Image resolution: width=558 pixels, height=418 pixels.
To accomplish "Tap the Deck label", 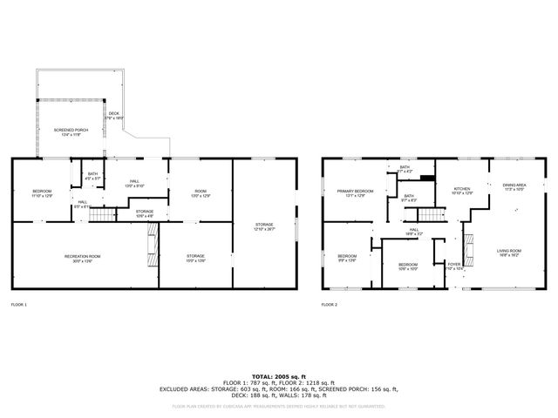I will click(114, 115).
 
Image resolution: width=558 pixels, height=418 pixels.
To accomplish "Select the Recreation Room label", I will click(82, 258).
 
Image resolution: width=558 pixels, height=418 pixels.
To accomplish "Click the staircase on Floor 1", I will click(105, 214).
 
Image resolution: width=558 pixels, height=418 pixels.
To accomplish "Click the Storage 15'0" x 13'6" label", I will click(195, 258).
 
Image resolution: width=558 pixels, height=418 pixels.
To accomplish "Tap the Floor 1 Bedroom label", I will click(43, 193).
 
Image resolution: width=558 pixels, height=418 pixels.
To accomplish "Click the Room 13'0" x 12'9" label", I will click(201, 193).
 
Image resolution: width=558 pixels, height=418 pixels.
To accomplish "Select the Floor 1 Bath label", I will click(92, 176).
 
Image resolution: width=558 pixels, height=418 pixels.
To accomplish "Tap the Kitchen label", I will click(461, 191).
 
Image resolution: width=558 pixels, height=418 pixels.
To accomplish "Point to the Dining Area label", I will click(514, 186).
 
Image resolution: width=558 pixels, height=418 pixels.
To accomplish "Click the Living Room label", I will click(508, 253).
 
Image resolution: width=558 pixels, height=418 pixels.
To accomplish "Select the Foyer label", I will click(453, 265).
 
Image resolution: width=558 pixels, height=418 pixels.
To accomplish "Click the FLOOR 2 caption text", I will click(329, 305).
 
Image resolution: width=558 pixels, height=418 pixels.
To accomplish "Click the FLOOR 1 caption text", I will click(18, 305).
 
